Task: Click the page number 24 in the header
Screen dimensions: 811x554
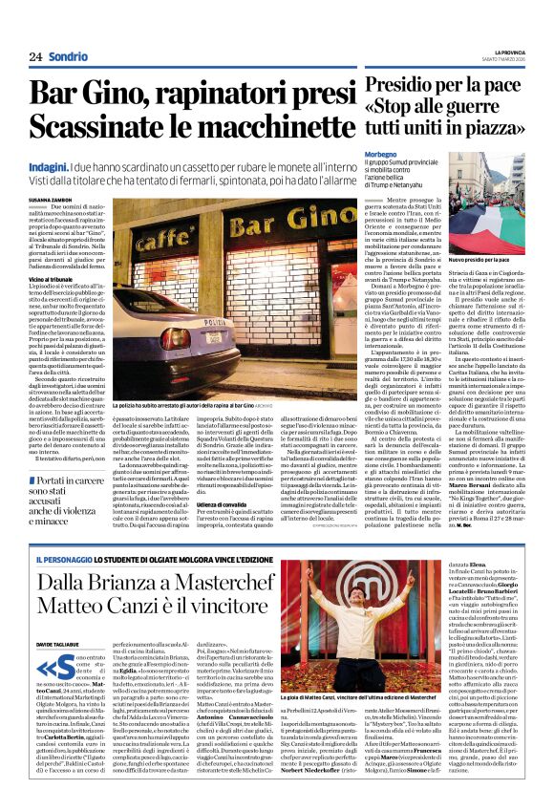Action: click(35, 56)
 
